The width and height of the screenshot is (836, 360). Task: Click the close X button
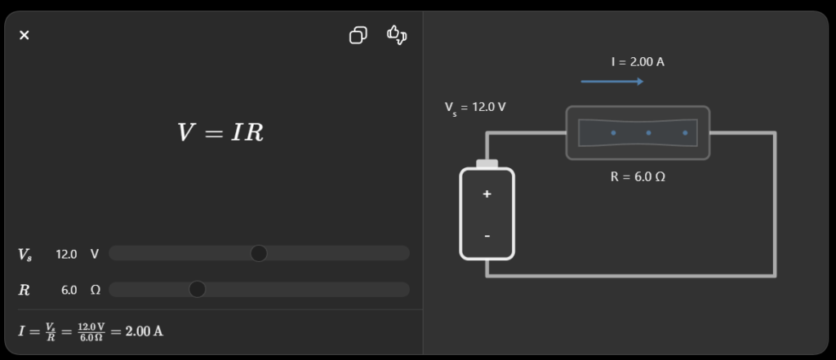click(x=24, y=35)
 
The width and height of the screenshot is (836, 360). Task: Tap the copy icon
click(x=358, y=35)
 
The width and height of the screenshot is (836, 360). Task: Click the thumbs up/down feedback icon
click(x=397, y=35)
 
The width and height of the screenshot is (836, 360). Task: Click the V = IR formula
click(x=220, y=132)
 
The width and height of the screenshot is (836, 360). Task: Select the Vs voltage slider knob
click(x=259, y=253)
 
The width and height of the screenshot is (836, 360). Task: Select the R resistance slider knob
click(x=198, y=289)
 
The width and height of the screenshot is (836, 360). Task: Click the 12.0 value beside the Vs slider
click(x=66, y=255)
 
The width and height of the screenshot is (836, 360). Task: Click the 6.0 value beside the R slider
click(x=69, y=290)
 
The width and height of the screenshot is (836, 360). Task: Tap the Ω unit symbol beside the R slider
click(x=95, y=290)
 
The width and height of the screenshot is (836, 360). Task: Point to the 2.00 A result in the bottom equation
click(x=144, y=331)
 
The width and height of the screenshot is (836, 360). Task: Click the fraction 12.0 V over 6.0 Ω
click(x=91, y=331)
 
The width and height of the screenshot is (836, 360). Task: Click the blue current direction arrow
click(x=612, y=82)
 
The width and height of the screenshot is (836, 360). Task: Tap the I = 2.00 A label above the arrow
click(x=638, y=62)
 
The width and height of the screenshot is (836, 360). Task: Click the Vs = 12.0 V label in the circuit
click(x=475, y=108)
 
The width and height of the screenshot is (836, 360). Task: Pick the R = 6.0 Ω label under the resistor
click(x=638, y=177)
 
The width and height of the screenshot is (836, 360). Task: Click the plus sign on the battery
click(x=487, y=194)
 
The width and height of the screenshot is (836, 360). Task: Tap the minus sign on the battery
click(x=487, y=236)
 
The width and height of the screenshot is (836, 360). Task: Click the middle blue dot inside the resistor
click(x=648, y=133)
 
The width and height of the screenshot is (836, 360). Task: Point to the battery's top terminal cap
click(x=487, y=164)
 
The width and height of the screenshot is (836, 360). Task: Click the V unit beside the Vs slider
click(x=95, y=255)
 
